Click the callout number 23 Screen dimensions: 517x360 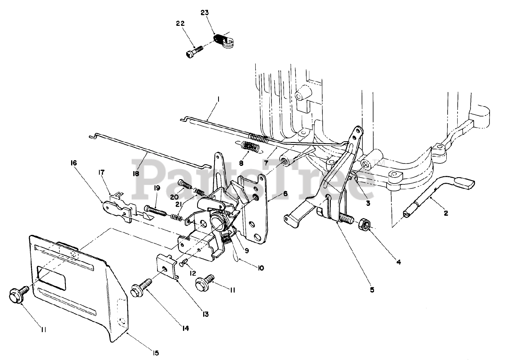pyautogui.click(x=204, y=13)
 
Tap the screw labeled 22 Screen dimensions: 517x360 pyautogui.click(x=194, y=51)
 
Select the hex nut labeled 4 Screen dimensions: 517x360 pyautogui.click(x=364, y=224)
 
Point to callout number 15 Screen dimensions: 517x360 pyautogui.click(x=156, y=353)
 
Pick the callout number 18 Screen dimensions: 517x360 pyautogui.click(x=136, y=173)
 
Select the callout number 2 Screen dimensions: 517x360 pyautogui.click(x=446, y=213)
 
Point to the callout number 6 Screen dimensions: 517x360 pyautogui.click(x=285, y=194)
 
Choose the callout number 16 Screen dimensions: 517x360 pyautogui.click(x=74, y=163)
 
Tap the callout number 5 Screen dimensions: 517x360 pyautogui.click(x=372, y=290)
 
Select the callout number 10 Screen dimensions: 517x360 pyautogui.click(x=261, y=268)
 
